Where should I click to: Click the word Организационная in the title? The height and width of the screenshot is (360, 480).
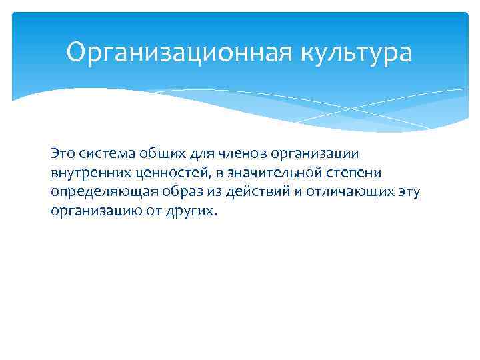(x=175, y=53)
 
